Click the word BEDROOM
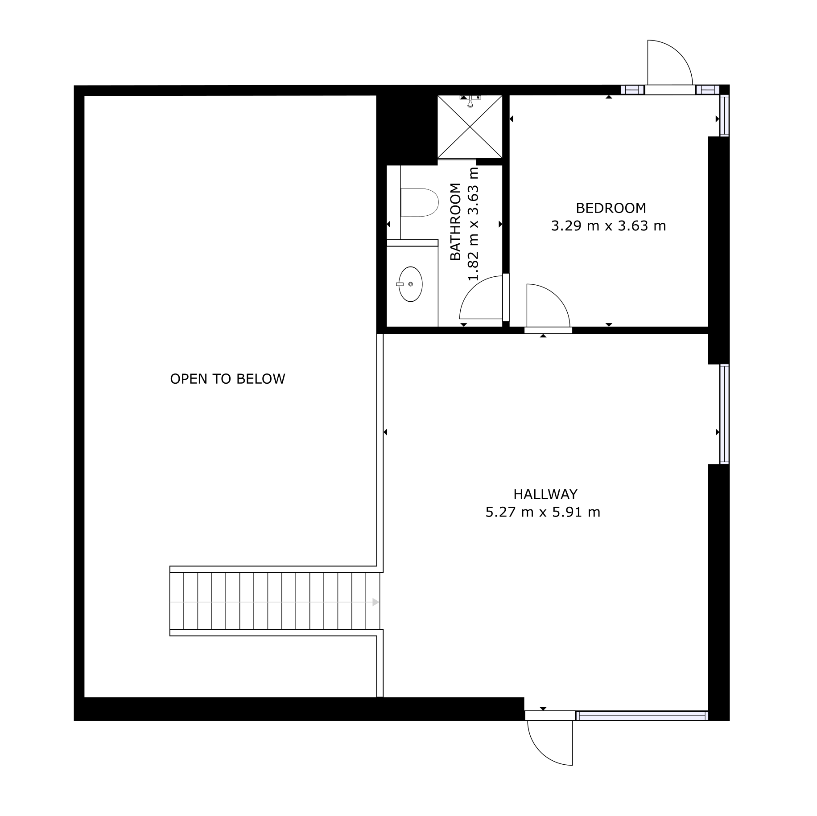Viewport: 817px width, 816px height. pos(611,208)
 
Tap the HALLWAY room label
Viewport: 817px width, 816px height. pos(545,494)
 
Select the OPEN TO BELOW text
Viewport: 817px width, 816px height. pos(227,379)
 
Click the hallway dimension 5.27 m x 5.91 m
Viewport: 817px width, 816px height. pos(543,513)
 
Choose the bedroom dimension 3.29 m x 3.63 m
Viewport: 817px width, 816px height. pos(608,226)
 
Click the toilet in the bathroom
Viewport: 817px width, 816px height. pos(419,202)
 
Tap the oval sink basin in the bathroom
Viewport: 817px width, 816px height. pos(410,284)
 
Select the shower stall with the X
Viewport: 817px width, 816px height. pos(470,127)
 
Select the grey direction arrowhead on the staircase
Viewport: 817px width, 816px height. pos(375,602)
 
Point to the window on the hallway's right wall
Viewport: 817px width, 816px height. pos(724,414)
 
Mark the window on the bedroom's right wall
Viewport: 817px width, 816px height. pos(724,116)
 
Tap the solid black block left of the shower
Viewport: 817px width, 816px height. pos(406,129)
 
